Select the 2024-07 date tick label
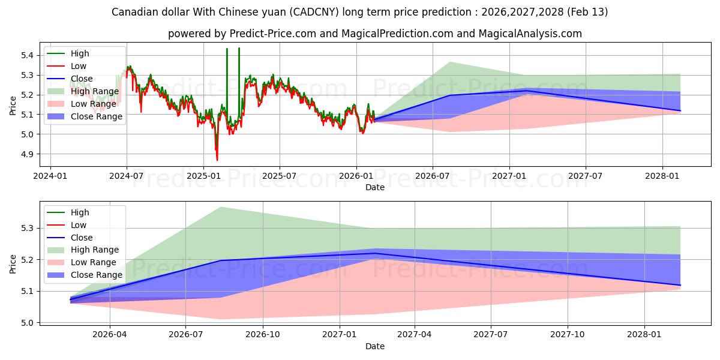127,176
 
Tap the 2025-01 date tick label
203,176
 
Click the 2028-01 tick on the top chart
662,176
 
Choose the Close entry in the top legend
82,79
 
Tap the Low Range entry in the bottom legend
94,262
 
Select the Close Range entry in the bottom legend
97,275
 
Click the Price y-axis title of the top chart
13,106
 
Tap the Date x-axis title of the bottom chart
375,346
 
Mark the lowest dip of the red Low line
217,160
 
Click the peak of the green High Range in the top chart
449,62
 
